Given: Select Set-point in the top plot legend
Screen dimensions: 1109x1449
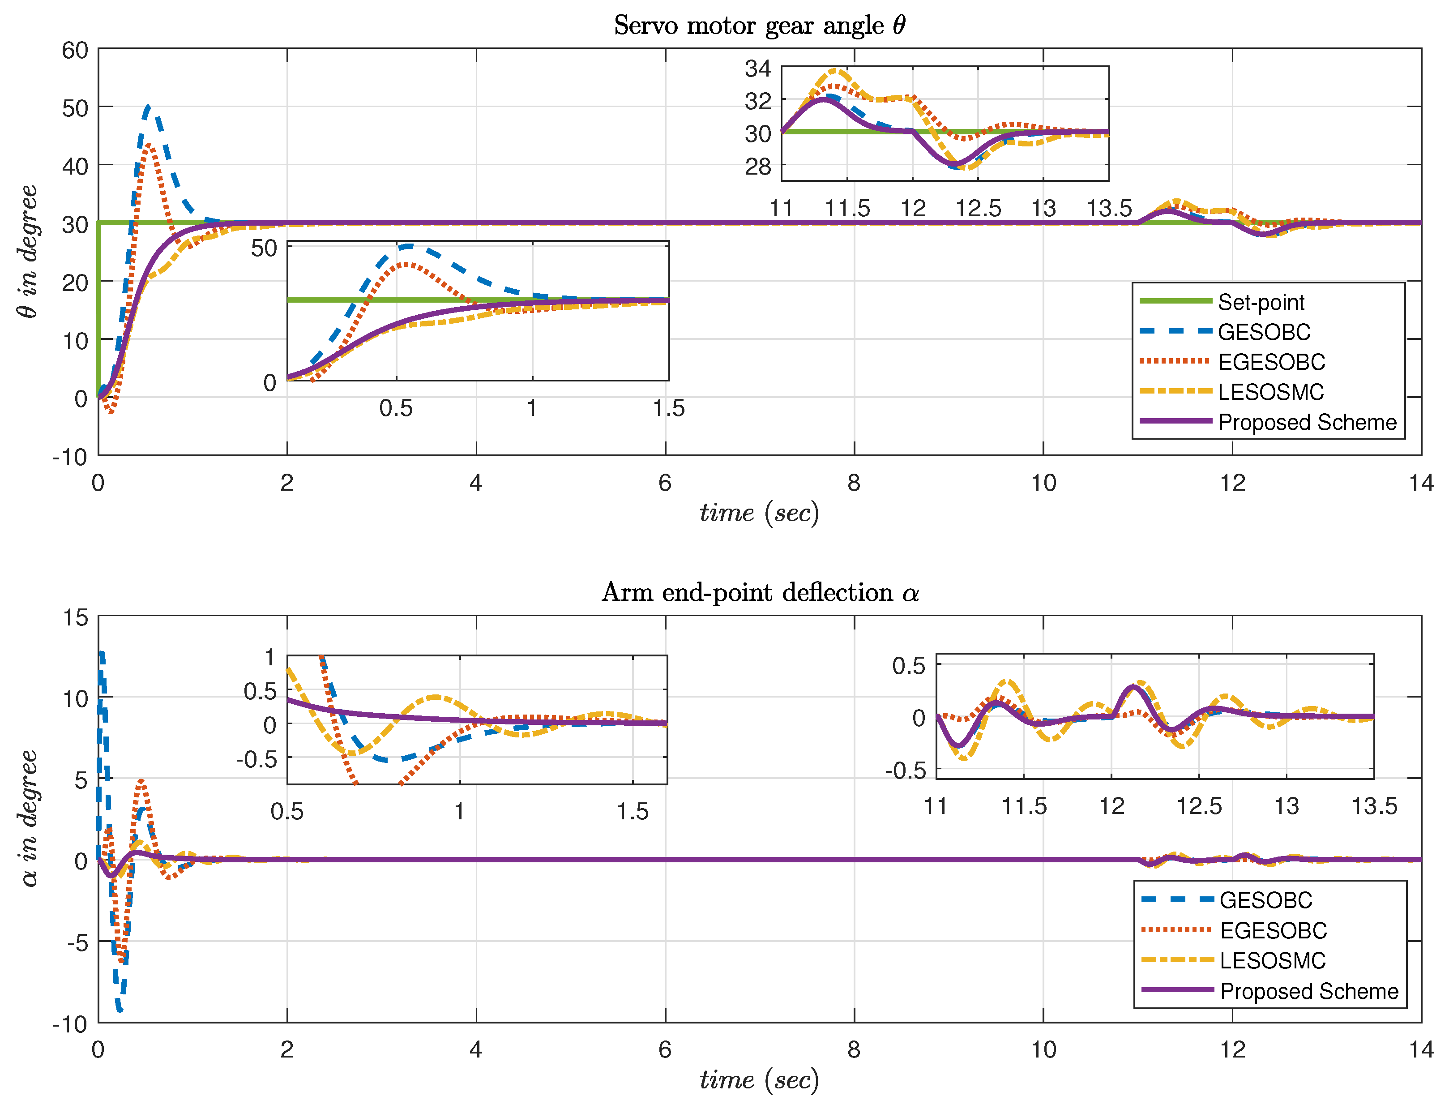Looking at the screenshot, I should pos(1260,302).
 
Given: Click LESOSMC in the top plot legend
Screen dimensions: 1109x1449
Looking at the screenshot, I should pos(1270,392).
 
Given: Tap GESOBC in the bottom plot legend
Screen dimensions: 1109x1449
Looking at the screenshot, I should pos(1265,900).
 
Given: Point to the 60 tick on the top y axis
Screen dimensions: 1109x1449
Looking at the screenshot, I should pos(75,50).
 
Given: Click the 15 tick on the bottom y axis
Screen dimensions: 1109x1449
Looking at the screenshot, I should pos(75,617).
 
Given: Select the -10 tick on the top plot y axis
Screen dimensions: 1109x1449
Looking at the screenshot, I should pos(71,457).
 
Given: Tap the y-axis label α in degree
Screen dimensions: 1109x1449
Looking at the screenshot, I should pos(28,818).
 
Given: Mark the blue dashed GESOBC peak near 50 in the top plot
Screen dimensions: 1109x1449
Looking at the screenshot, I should pos(147,106).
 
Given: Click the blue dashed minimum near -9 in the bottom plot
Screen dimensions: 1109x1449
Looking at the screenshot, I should pos(120,1010).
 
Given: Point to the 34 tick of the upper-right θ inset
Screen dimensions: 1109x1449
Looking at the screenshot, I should pos(757,68).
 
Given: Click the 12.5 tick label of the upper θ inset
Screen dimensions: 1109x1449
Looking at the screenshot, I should pos(978,209).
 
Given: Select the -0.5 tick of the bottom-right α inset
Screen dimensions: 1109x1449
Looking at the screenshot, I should pos(905,771).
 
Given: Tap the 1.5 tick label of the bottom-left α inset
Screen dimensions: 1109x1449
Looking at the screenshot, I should pos(632,811).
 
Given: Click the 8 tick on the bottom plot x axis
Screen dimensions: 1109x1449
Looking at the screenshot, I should pos(854,1049).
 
